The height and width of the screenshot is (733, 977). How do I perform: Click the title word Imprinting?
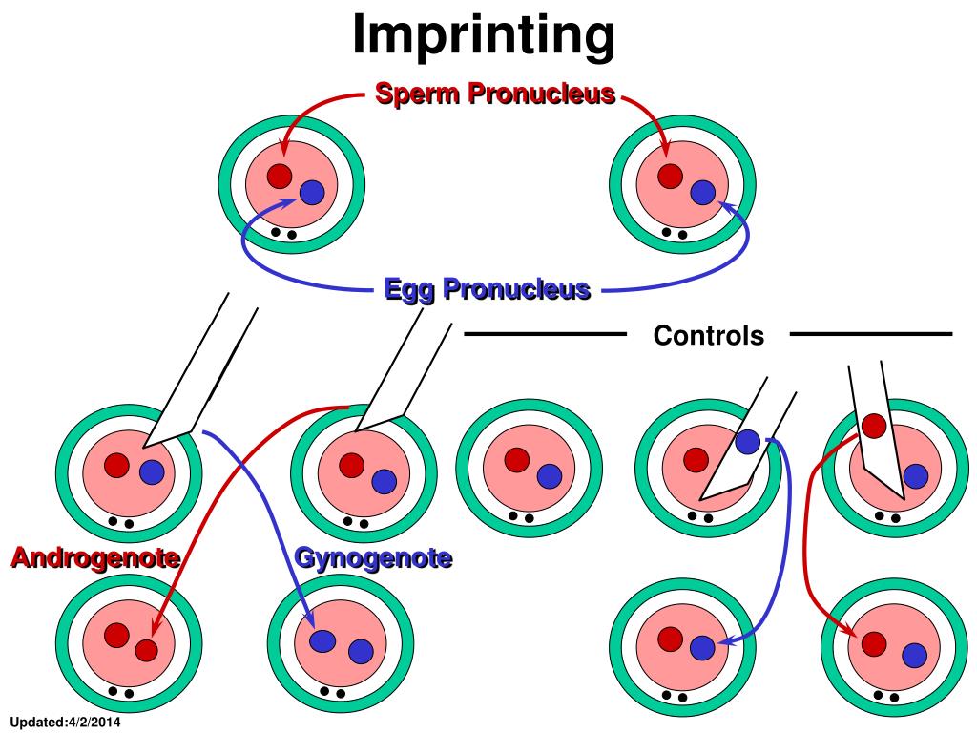coord(484,36)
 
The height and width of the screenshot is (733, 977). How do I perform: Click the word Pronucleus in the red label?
coord(542,94)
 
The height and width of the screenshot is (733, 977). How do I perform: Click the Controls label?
coord(709,335)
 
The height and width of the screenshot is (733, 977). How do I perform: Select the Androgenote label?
coord(96,557)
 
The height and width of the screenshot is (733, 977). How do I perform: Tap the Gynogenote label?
coord(373,557)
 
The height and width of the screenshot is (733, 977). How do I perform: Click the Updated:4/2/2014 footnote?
coord(66,723)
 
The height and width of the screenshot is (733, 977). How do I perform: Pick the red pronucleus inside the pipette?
coord(874,427)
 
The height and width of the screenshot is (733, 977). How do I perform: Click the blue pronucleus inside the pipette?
coord(748,442)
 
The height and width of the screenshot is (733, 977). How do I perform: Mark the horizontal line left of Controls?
coord(545,334)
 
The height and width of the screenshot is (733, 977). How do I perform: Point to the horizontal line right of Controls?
coord(871,334)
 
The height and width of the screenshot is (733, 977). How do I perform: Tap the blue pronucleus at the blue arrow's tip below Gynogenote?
coord(322,641)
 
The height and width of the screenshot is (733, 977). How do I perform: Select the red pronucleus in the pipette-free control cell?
coord(516,461)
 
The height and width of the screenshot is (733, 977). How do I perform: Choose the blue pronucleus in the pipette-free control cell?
coord(549,477)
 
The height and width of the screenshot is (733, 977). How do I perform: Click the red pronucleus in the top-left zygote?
coord(280,177)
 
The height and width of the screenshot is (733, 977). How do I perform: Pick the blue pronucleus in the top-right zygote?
coord(703,193)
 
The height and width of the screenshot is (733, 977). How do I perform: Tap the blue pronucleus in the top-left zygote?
coord(312,193)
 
